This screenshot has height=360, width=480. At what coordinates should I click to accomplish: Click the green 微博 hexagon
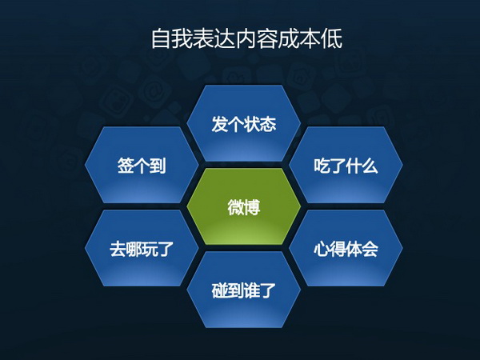click(x=244, y=206)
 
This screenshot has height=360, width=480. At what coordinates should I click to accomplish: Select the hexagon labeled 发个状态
click(x=244, y=123)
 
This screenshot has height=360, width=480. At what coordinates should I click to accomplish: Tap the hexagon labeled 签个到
click(x=142, y=165)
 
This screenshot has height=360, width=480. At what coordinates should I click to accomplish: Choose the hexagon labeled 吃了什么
click(x=346, y=165)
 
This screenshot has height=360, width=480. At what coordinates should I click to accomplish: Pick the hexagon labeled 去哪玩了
click(x=142, y=248)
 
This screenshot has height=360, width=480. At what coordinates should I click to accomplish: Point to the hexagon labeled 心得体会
click(x=346, y=248)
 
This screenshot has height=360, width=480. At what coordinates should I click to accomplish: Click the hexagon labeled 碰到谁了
click(x=244, y=290)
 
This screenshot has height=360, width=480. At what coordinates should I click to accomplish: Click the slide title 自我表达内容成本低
click(x=246, y=39)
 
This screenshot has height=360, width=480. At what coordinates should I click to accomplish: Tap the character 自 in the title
click(x=161, y=39)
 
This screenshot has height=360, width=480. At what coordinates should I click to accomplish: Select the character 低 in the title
click(x=332, y=39)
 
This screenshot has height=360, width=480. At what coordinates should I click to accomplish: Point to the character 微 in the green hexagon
click(x=235, y=207)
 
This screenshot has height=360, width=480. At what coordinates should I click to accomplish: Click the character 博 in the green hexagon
click(x=252, y=207)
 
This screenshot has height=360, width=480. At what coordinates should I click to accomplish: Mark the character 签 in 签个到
click(x=126, y=166)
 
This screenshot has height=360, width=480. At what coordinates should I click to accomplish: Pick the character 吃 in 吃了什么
click(x=322, y=166)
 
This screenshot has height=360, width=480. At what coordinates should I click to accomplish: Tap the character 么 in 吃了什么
click(x=370, y=166)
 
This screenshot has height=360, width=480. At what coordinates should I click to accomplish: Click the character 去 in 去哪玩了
click(x=118, y=249)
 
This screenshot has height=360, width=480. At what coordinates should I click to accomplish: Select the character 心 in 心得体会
click(x=322, y=249)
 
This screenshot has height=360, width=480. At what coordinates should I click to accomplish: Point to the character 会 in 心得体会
click(x=370, y=249)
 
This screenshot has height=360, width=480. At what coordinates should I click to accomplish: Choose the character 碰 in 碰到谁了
click(x=219, y=290)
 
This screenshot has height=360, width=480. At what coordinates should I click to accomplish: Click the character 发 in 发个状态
click(x=219, y=124)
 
